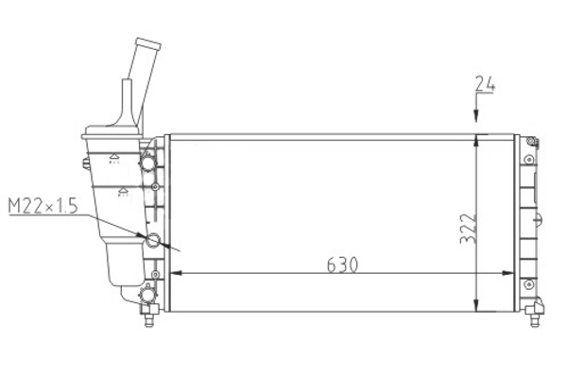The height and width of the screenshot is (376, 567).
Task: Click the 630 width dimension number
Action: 342,265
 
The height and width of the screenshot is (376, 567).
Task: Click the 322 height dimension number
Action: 469,229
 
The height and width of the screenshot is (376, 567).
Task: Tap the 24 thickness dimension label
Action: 485,83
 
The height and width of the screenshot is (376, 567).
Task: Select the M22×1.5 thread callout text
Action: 43,206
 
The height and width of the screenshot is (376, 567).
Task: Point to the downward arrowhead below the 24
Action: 476,115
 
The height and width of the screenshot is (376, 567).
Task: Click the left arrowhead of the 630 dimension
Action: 176,273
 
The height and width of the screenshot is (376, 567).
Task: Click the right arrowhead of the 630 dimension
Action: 507,273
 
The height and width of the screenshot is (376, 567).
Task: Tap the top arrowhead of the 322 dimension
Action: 476,141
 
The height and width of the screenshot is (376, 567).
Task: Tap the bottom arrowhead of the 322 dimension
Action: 476,305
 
